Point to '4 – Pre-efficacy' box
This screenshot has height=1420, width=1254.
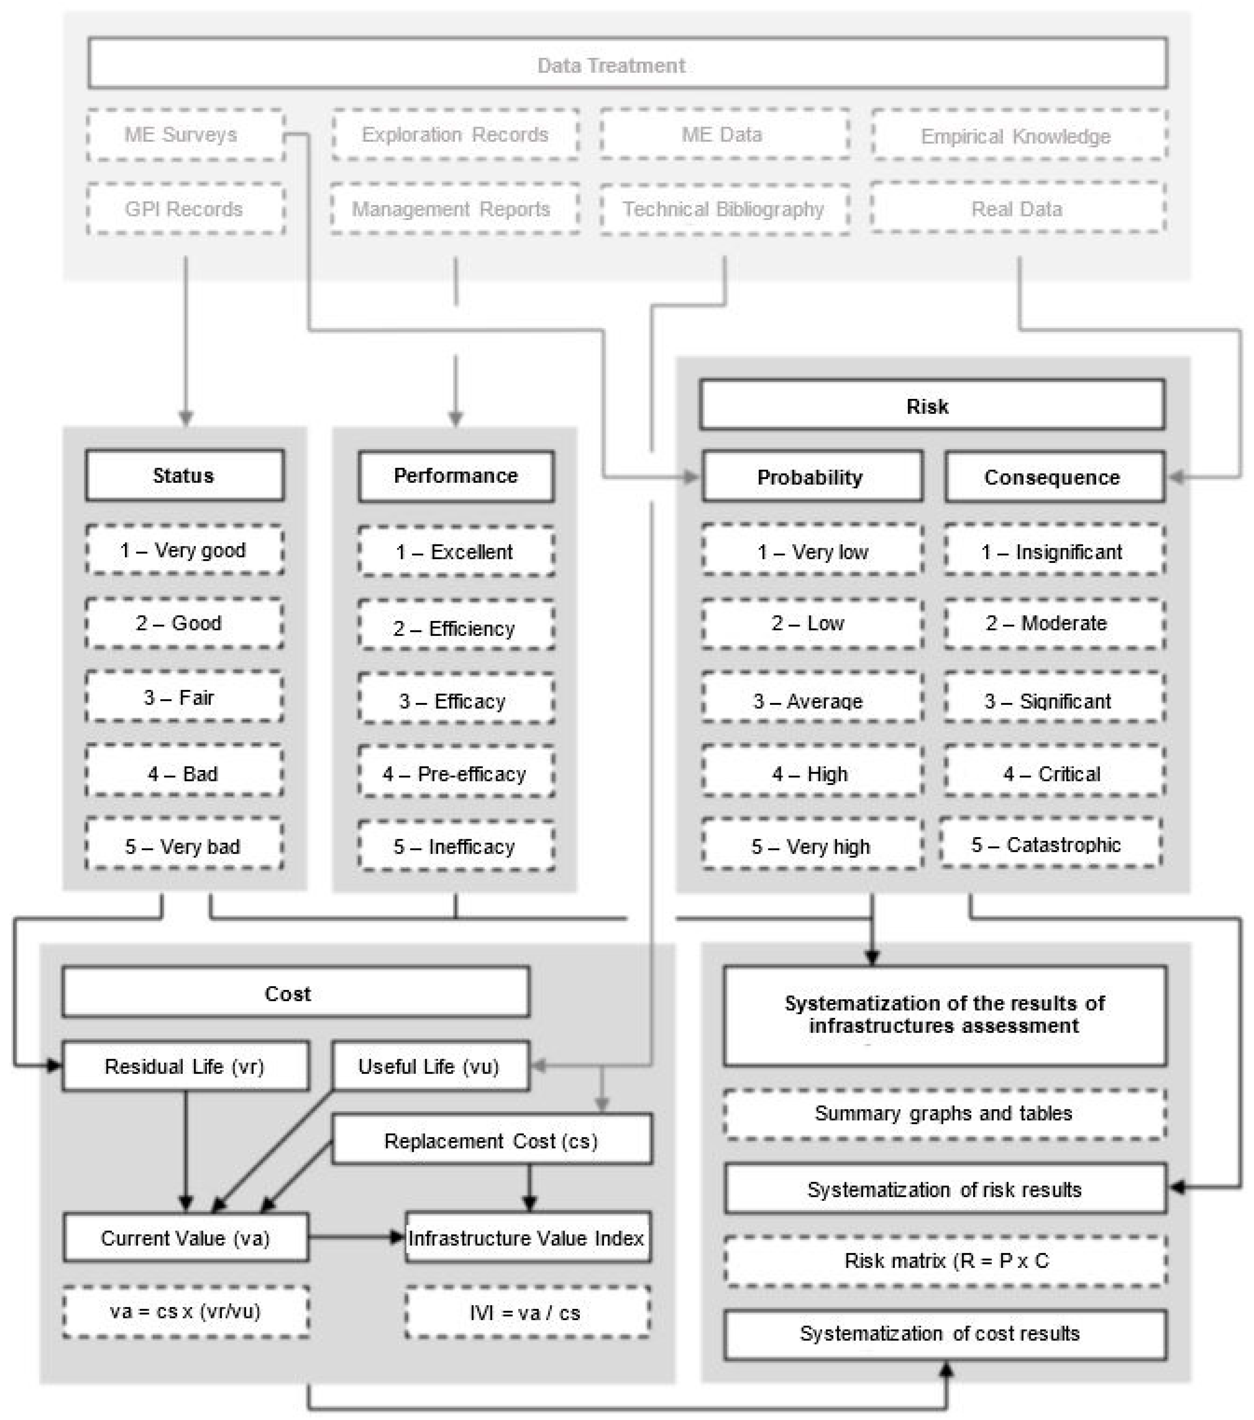tap(456, 773)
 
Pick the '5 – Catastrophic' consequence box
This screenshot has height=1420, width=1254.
tap(1050, 844)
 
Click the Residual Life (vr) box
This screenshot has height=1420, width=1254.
tap(185, 1066)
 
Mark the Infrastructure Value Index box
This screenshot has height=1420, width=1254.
tap(527, 1237)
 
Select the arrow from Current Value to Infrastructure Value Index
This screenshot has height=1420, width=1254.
tap(356, 1237)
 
